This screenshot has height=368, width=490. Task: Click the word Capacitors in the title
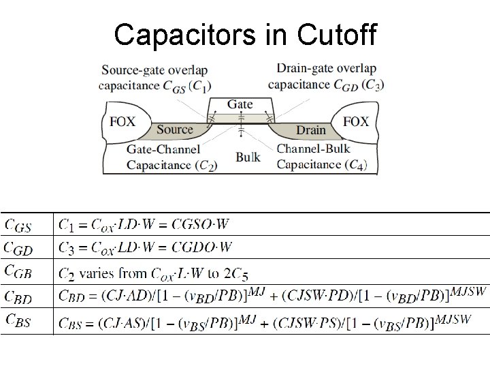coord(186,35)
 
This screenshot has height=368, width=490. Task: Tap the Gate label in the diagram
coord(240,104)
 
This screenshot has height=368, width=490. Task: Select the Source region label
coord(175,129)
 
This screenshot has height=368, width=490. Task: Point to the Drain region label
coord(310,129)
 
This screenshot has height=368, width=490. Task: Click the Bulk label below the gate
coord(248,157)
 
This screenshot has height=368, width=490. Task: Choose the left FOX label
coord(122,121)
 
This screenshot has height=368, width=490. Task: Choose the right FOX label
coord(356,121)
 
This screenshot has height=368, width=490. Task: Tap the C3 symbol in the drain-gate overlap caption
coord(372,85)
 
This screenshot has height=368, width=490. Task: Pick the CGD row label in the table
coord(18,249)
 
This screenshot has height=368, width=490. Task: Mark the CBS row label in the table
coord(18,320)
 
